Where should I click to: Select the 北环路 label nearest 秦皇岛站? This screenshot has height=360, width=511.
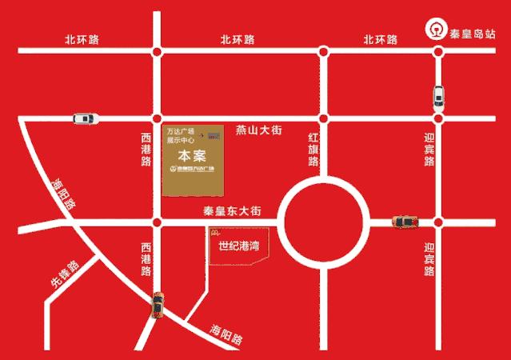pos(380,39)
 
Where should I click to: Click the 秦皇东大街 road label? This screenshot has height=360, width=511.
pos(232,211)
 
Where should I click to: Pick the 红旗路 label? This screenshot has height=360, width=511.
pos(313,150)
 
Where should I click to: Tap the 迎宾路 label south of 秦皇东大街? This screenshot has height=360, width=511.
pos(429,259)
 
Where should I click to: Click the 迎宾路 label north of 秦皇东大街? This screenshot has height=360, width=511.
pos(429,150)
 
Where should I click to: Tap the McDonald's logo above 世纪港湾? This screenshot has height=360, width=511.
pos(214,233)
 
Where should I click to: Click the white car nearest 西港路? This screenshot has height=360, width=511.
pos(86,118)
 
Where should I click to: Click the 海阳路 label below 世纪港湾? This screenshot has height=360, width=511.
pos(228,334)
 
